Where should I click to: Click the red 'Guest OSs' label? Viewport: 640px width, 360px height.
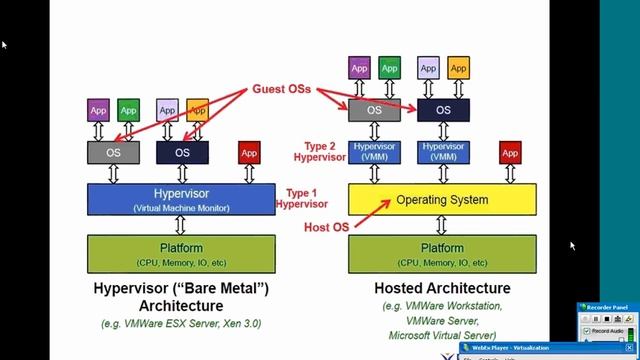(x=284, y=87)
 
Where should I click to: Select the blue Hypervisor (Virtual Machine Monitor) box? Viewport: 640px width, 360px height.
(x=181, y=199)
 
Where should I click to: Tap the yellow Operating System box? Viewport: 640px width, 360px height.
(x=442, y=199)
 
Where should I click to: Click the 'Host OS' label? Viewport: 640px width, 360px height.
(x=326, y=228)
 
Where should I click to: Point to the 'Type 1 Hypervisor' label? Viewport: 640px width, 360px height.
(x=307, y=198)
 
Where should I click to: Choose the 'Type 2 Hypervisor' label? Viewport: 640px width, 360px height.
(x=319, y=151)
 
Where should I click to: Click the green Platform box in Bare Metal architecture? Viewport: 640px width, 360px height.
(x=181, y=254)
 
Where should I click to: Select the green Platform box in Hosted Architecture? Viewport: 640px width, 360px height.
(x=442, y=254)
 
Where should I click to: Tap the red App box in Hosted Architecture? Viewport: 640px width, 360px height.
(x=510, y=153)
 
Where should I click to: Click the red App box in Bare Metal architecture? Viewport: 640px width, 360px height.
(x=249, y=153)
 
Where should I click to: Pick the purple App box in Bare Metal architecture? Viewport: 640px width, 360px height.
(x=98, y=109)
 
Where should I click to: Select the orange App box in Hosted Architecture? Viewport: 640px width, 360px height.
(x=458, y=68)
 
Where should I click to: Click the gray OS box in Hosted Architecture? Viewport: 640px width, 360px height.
(x=374, y=110)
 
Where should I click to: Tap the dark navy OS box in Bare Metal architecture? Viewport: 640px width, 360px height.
(x=182, y=153)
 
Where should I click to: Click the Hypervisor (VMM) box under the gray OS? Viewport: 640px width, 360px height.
(x=374, y=152)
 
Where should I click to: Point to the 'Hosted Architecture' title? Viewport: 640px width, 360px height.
(x=441, y=289)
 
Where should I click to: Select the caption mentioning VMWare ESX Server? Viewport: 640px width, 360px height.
(x=181, y=324)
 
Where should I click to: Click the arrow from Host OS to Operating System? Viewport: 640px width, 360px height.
(x=371, y=213)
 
